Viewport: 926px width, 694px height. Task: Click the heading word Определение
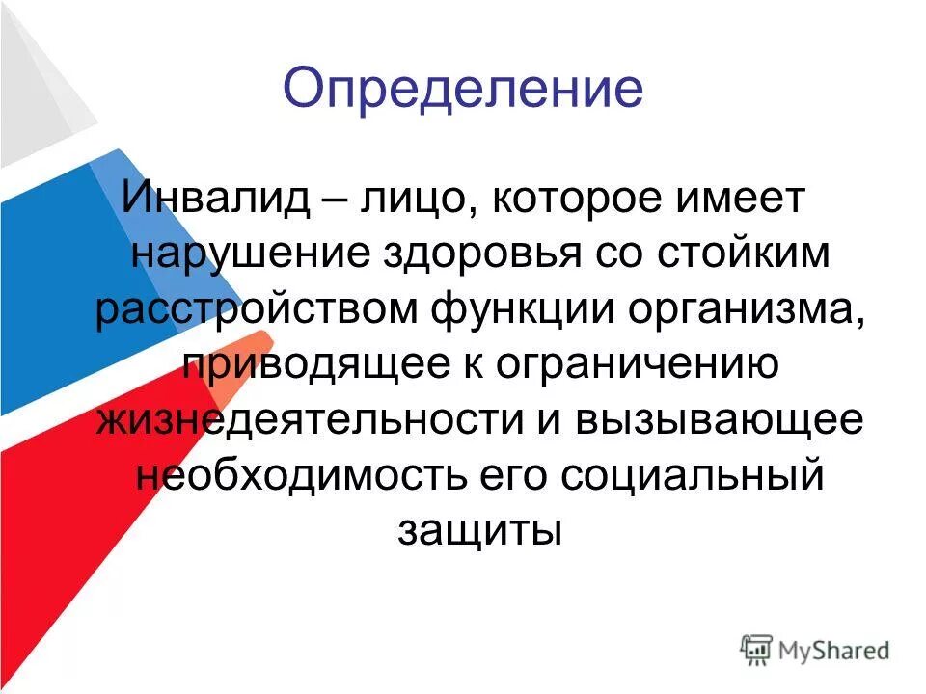click(x=463, y=90)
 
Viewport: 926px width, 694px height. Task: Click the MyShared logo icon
click(x=757, y=649)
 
